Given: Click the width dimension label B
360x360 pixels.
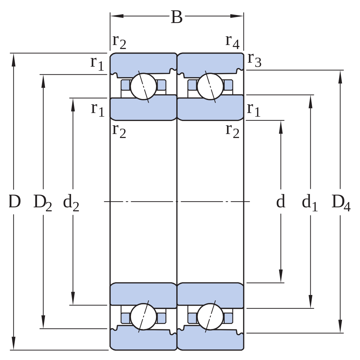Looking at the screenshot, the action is (177, 17).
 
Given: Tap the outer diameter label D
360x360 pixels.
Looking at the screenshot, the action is (15, 201).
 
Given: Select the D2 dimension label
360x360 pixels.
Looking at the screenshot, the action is (43, 203).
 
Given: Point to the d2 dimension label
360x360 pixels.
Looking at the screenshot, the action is (71, 203).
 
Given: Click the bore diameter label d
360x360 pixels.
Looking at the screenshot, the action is (281, 201).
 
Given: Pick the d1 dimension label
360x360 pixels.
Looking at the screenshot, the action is (310, 203).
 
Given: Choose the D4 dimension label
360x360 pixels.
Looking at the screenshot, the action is (341, 203).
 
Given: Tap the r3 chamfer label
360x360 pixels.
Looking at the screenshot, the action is (254, 60).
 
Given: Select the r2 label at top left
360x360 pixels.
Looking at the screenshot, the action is (119, 42).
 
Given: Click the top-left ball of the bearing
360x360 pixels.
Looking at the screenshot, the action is (143, 87).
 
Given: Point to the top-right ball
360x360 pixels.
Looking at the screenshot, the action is (210, 87).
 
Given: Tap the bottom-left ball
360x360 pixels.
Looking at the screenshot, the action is (143, 317).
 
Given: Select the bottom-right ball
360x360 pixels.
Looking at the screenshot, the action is (210, 317).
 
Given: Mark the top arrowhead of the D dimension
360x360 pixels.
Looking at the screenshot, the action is (14, 60).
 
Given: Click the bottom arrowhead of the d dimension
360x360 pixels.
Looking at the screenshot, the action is (281, 276).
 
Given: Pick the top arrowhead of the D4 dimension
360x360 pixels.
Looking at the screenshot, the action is (340, 77).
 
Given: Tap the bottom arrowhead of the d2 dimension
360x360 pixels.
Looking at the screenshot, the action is (73, 298).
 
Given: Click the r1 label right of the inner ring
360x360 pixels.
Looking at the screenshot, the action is (254, 110).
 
